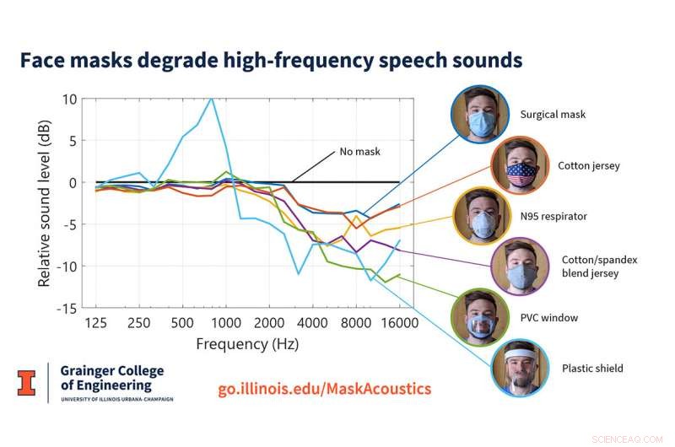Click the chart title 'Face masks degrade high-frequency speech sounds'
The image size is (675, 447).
[271, 61]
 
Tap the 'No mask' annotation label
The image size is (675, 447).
[360, 152]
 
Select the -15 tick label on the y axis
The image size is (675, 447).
[66, 309]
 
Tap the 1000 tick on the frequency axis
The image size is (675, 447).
[225, 324]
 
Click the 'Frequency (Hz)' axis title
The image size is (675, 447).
[247, 344]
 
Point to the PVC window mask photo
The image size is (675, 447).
[480, 319]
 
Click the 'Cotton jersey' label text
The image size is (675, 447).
[589, 166]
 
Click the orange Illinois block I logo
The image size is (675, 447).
[28, 382]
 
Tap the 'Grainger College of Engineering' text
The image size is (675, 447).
[111, 378]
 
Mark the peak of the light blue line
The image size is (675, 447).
[211, 98]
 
